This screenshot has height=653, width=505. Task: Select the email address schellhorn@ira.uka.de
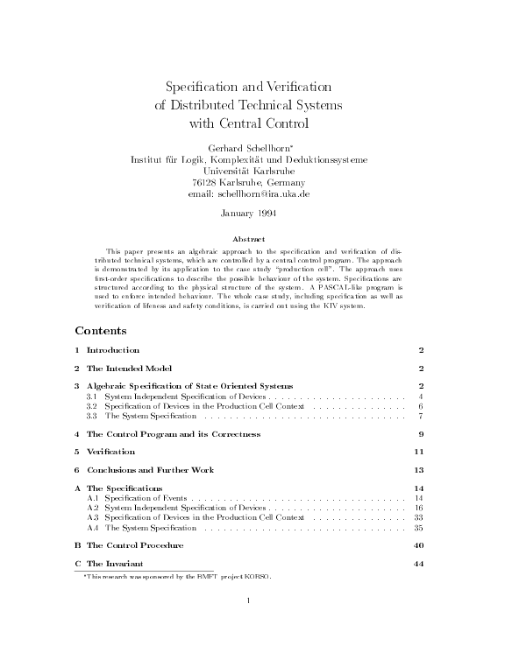[250, 193]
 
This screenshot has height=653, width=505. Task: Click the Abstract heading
[250, 238]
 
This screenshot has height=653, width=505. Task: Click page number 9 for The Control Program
[421, 434]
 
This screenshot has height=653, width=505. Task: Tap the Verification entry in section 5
[110, 452]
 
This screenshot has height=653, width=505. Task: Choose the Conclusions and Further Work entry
[150, 470]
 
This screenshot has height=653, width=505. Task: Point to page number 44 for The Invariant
[417, 564]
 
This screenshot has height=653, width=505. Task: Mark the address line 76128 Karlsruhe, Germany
[250, 182]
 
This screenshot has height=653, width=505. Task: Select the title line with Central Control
[250, 123]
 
